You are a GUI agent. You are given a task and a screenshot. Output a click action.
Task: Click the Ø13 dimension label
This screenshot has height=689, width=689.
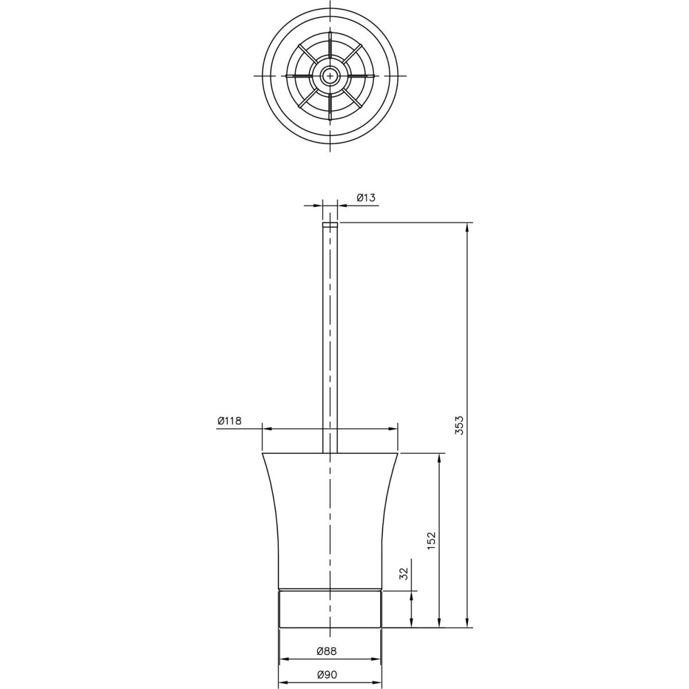366,198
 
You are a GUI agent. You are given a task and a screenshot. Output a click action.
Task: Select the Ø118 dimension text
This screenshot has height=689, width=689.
230,420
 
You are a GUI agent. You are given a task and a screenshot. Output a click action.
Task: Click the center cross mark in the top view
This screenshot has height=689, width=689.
330,76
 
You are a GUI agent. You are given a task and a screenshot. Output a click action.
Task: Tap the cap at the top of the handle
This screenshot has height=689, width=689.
330,225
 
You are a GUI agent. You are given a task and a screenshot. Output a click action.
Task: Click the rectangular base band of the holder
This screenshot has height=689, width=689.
330,614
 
